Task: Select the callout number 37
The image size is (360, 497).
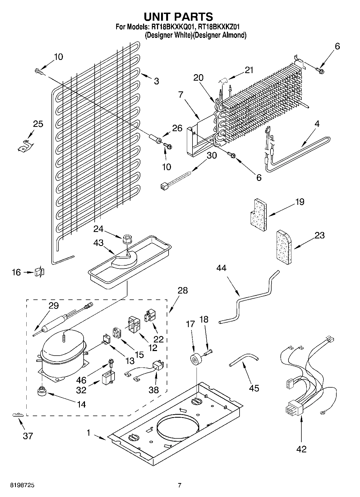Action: pos(28,436)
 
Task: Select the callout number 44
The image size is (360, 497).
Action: pos(221,268)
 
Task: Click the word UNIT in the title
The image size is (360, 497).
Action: pos(158,17)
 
